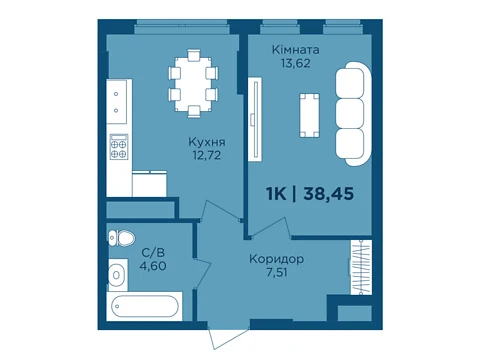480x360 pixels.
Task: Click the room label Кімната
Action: [x=295, y=50]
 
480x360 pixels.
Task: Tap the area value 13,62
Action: [x=295, y=63]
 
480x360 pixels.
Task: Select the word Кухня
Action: [x=207, y=142]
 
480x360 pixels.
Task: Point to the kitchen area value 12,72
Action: [x=207, y=155]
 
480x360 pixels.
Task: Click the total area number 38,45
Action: [x=328, y=194]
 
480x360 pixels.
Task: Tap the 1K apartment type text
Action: [x=276, y=194]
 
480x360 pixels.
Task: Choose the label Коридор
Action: [x=276, y=259]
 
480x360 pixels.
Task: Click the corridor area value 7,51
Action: [x=277, y=272]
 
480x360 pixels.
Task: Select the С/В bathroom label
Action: [x=153, y=253]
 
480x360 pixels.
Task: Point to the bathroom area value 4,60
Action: [x=153, y=266]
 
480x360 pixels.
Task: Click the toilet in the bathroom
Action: [x=122, y=238]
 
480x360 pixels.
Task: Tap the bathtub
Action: [x=144, y=306]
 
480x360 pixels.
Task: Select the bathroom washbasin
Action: [x=117, y=275]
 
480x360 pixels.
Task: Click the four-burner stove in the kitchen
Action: [x=119, y=147]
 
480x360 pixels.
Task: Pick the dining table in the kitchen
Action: [x=193, y=83]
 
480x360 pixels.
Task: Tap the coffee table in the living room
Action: [x=309, y=115]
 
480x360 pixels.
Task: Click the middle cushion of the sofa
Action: [x=350, y=113]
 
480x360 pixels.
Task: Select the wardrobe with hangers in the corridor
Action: [x=361, y=267]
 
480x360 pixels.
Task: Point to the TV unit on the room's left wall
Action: [x=255, y=119]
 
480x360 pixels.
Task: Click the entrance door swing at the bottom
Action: [x=229, y=337]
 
